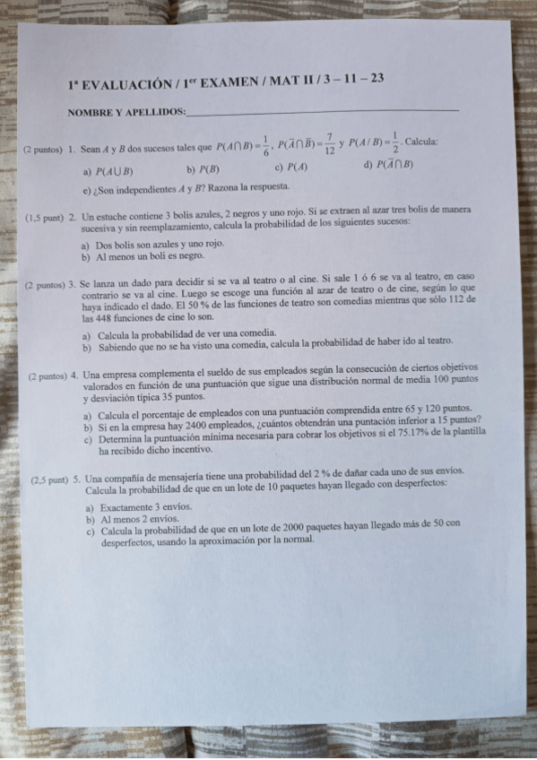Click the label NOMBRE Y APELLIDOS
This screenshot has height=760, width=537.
(126, 112)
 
